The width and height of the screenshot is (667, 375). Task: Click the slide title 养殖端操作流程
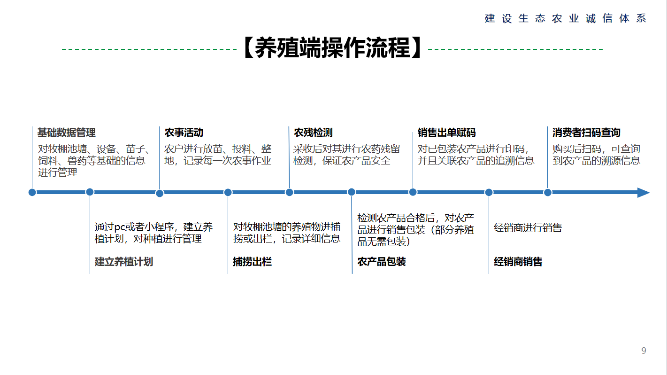tap(332, 47)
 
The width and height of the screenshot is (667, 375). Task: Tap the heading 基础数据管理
tap(66, 133)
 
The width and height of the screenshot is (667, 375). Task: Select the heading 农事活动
tap(184, 133)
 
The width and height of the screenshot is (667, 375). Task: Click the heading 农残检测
tap(313, 133)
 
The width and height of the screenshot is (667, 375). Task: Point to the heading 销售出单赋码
tap(447, 133)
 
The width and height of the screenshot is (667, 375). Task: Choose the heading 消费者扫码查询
tap(586, 133)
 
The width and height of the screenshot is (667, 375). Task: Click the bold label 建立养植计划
tap(124, 262)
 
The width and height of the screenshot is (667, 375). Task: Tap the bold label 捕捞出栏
tap(252, 262)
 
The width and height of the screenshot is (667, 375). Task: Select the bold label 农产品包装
tap(382, 262)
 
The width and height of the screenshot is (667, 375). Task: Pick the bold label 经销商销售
tap(518, 262)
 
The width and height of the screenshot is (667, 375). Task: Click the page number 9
tap(644, 351)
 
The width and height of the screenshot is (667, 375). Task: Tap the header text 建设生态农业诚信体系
tap(566, 18)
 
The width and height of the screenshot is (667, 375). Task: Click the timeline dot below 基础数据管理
tap(32, 193)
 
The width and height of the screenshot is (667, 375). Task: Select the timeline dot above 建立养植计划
tap(90, 192)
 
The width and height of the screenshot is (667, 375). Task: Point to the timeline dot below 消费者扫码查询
tap(548, 193)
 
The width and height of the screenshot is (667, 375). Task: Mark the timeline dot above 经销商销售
tap(489, 193)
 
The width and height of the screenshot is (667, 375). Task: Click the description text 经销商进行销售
tap(528, 228)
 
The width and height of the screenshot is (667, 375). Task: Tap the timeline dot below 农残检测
tap(289, 193)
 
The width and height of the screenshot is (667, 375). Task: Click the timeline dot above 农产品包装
tap(352, 192)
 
